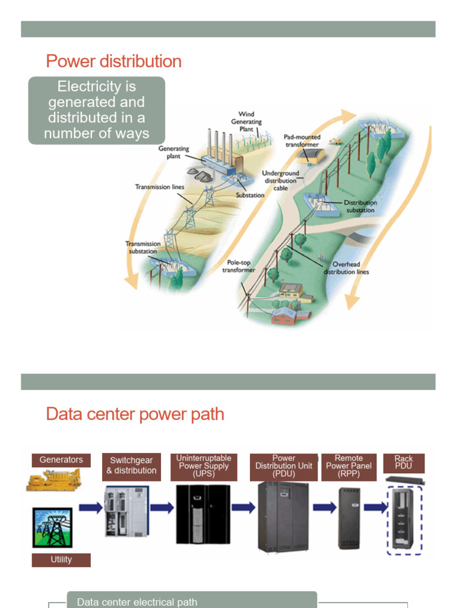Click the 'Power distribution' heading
pos(113,61)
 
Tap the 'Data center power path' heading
pos(135,414)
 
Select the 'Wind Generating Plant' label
pos(246,121)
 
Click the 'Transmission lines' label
pos(160,187)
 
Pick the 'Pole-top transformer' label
pos(239,265)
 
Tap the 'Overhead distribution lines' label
pos(346,268)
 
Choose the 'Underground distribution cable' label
pos(281,180)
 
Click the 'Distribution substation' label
pos(360,206)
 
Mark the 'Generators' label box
pos(61,460)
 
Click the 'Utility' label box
pos(61,559)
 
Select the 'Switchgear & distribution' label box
pos(131,465)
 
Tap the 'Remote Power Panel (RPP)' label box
pos(349,466)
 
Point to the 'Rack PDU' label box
pos(404,463)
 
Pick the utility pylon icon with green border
pos(52,527)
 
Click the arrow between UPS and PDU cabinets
pos(243,508)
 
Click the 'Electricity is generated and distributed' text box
pos(97,110)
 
